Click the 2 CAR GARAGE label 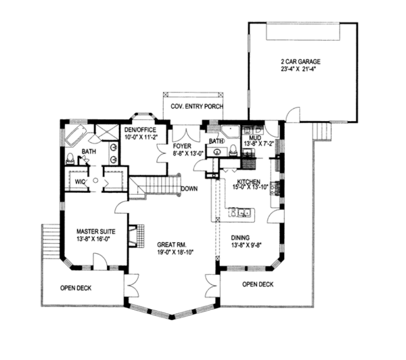pos(300,62)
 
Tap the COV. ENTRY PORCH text pos(197,106)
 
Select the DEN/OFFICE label pos(140,130)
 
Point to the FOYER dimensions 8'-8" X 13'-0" pos(189,154)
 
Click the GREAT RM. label pos(172,244)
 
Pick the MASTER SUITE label pos(96,231)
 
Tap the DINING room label pos(240,238)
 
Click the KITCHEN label pos(248,181)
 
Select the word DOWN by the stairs pos(189,189)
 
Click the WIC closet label pos(80,182)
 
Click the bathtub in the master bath pos(76,135)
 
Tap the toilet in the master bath pos(70,159)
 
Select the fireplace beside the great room pos(136,236)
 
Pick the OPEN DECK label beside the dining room pos(258,284)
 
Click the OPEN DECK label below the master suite pos(76,288)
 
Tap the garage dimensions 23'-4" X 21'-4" pos(299,69)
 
